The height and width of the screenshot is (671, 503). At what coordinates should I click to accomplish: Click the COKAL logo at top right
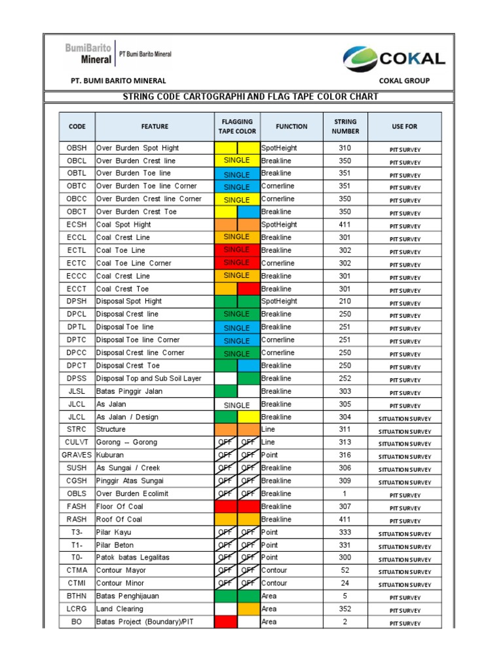394,59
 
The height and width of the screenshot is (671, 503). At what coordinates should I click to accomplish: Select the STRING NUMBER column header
345,126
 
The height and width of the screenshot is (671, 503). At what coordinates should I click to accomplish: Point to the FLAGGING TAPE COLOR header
237,126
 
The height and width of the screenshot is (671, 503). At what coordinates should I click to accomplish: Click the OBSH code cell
77,148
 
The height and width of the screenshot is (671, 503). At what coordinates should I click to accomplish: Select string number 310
345,148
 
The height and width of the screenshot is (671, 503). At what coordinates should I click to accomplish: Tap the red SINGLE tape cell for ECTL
237,250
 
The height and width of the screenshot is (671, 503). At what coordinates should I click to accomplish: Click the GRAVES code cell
77,455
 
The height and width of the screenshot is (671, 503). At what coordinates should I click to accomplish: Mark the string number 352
345,609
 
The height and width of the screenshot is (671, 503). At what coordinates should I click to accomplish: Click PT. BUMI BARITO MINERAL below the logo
119,81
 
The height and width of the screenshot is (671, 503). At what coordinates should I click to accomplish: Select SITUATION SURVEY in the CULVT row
405,444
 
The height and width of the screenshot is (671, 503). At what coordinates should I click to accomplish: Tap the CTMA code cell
77,570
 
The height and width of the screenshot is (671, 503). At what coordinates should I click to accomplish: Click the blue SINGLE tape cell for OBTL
237,174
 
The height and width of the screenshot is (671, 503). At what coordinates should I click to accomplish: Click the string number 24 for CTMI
345,583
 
